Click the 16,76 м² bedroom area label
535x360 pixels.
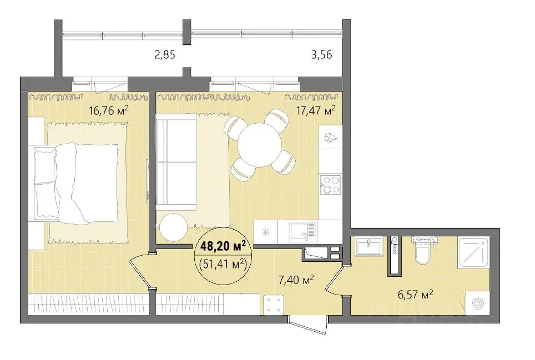tap(109, 110)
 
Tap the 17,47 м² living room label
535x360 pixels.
tap(316, 110)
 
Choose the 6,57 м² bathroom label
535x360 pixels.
tap(415, 294)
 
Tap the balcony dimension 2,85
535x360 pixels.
tap(165, 54)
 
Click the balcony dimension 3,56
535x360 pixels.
tap(321, 54)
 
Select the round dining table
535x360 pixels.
tap(259, 145)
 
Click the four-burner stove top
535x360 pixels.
tap(330, 184)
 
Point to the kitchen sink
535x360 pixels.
tap(303, 232)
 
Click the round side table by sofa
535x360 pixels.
tap(173, 227)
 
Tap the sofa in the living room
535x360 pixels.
tap(176, 163)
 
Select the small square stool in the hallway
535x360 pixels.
tap(273, 305)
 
